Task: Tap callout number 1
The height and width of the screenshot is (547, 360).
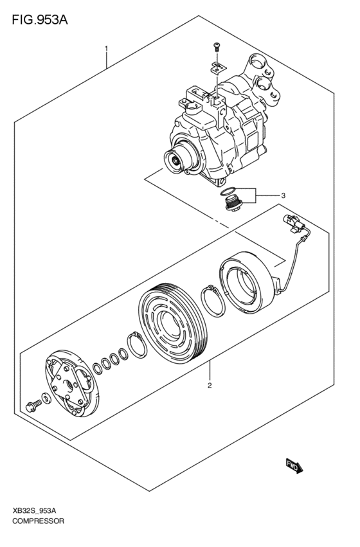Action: [107, 48]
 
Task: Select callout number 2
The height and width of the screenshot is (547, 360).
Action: [210, 386]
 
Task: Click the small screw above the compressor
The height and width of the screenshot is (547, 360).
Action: [216, 47]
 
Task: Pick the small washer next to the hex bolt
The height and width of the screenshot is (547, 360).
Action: [43, 398]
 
